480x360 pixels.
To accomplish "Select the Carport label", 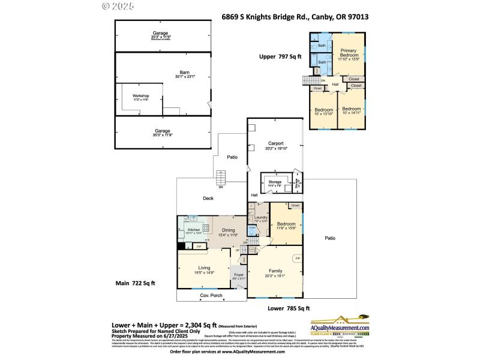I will click(x=275, y=145).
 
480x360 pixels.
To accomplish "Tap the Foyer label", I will click(x=238, y=276).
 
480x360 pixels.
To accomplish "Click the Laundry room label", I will click(x=260, y=219).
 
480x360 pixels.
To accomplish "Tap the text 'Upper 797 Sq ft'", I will click(x=280, y=57).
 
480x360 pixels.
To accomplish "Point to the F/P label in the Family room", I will click(x=297, y=259).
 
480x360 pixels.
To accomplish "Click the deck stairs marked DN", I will click(x=221, y=179).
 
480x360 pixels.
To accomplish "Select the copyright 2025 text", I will click(x=118, y=6).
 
